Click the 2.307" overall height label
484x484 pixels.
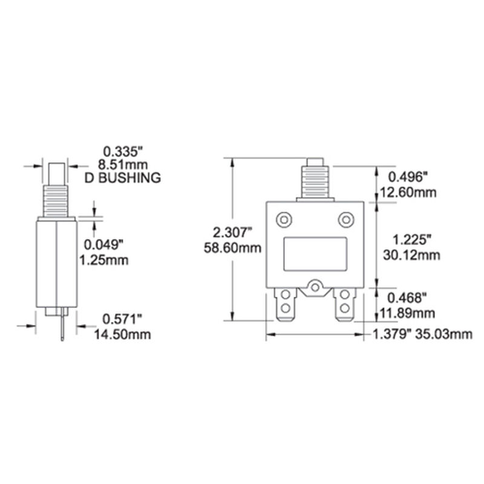click(x=232, y=234)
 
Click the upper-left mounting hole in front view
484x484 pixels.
click(x=283, y=220)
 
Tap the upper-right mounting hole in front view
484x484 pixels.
click(x=345, y=220)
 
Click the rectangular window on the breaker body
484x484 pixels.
click(x=315, y=253)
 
